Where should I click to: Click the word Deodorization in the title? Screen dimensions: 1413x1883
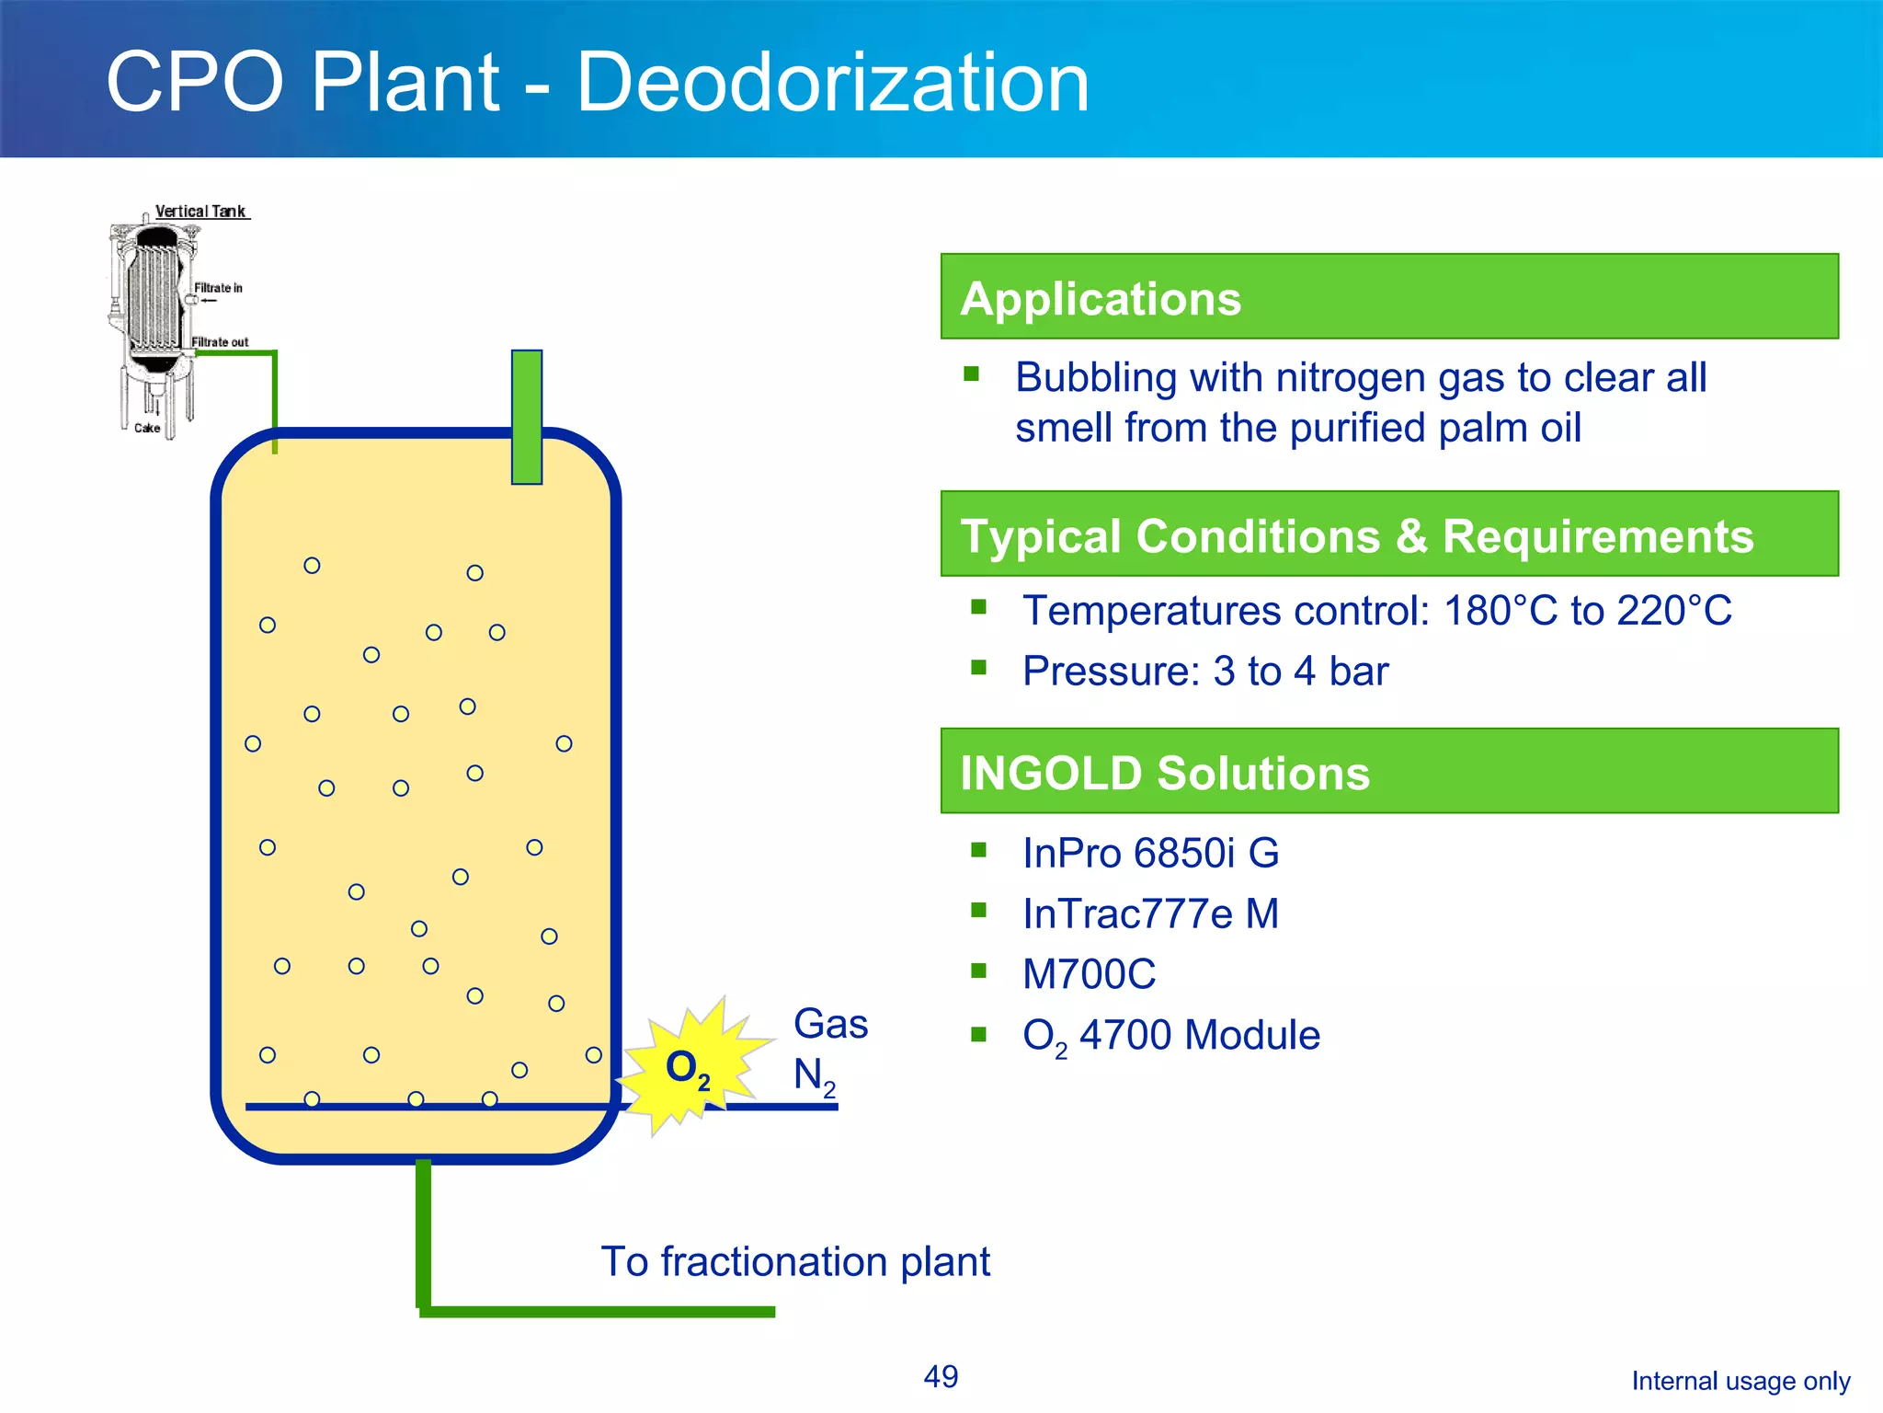(x=832, y=83)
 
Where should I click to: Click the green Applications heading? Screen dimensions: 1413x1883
(x=1100, y=299)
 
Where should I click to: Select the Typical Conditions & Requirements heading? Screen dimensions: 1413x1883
(x=1356, y=535)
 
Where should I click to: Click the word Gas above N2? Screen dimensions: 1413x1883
(x=830, y=1024)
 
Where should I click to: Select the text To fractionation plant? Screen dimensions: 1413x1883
(x=795, y=1261)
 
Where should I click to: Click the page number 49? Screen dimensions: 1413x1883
(x=941, y=1376)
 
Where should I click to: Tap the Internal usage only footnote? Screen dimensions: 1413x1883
(x=1740, y=1381)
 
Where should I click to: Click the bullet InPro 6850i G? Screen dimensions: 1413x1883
(x=1150, y=853)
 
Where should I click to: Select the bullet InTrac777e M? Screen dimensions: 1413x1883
(x=1150, y=913)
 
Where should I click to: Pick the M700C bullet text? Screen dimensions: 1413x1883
(x=1089, y=974)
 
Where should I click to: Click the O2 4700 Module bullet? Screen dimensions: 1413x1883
(x=1170, y=1035)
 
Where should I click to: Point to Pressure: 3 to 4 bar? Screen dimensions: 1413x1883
(x=1204, y=671)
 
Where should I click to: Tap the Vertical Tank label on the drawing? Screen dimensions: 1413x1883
(x=200, y=211)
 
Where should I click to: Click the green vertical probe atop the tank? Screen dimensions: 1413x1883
(x=527, y=416)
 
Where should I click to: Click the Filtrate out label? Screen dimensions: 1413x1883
(x=220, y=342)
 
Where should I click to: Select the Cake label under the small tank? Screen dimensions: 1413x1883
(x=147, y=428)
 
